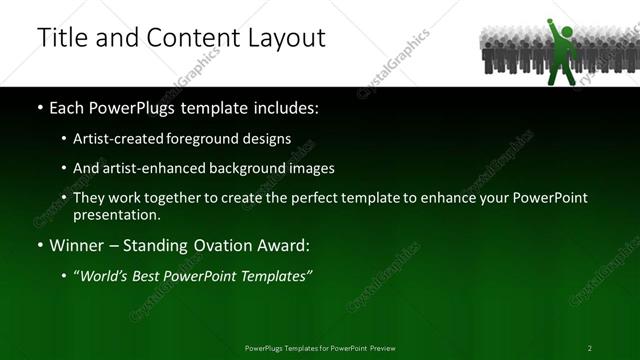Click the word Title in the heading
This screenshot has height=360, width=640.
(62, 39)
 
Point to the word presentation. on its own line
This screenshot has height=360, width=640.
(116, 214)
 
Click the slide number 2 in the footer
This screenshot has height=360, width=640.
(590, 348)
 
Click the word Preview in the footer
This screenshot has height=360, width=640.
(381, 348)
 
